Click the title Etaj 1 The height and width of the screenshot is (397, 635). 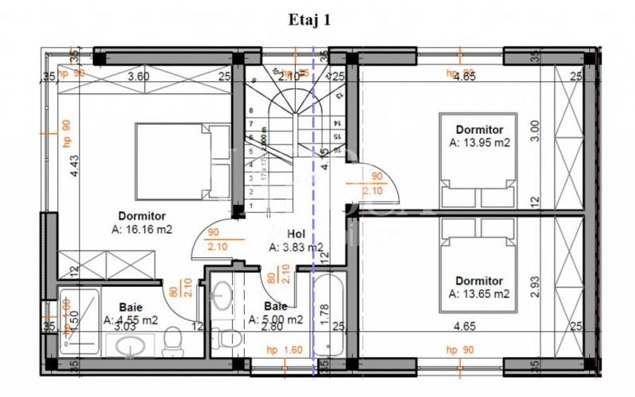pos(309,20)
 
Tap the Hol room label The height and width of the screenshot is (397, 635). pos(296,235)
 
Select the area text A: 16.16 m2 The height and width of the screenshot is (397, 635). pos(142,229)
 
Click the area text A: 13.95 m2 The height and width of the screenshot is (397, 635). pos(480,142)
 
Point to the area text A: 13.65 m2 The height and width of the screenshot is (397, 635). pos(479,293)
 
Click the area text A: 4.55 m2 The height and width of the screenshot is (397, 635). pos(131,319)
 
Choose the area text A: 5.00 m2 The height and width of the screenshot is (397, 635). pos(276,319)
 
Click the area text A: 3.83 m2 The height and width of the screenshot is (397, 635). pos(296,247)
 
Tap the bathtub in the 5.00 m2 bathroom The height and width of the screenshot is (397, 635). pos(330,315)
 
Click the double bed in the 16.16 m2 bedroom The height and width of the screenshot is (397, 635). pos(172,161)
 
